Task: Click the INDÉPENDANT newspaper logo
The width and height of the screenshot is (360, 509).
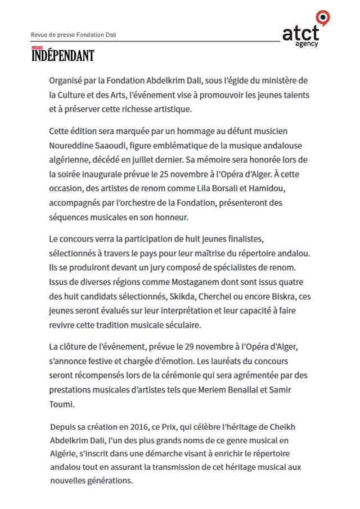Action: [62, 55]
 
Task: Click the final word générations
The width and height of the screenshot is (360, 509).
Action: [106, 480]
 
